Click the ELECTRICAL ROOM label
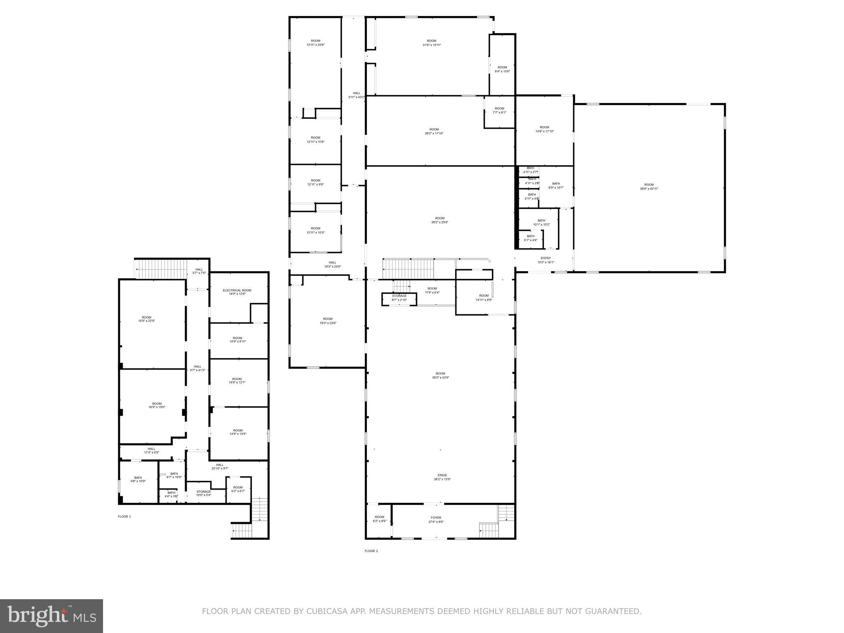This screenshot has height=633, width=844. (237, 292)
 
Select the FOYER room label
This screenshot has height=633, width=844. (436, 519)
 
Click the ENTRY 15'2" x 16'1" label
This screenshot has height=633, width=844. (545, 260)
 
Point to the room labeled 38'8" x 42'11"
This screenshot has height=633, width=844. (649, 186)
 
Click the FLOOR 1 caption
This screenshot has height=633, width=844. (124, 516)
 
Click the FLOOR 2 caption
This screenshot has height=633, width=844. (371, 551)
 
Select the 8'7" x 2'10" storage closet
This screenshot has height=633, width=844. (399, 298)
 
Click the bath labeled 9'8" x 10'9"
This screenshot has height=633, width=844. (138, 479)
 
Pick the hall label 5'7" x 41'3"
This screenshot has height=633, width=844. (197, 368)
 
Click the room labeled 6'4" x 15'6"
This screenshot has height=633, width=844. (502, 69)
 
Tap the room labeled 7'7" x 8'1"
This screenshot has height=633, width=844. (499, 110)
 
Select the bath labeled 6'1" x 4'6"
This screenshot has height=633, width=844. (530, 238)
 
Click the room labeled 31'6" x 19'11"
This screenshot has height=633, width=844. (431, 42)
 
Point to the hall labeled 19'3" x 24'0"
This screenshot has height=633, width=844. (332, 264)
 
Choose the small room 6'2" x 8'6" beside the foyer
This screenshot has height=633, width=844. (379, 519)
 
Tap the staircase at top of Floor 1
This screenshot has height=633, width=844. (161, 269)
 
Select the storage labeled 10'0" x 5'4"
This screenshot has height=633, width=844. (204, 493)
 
